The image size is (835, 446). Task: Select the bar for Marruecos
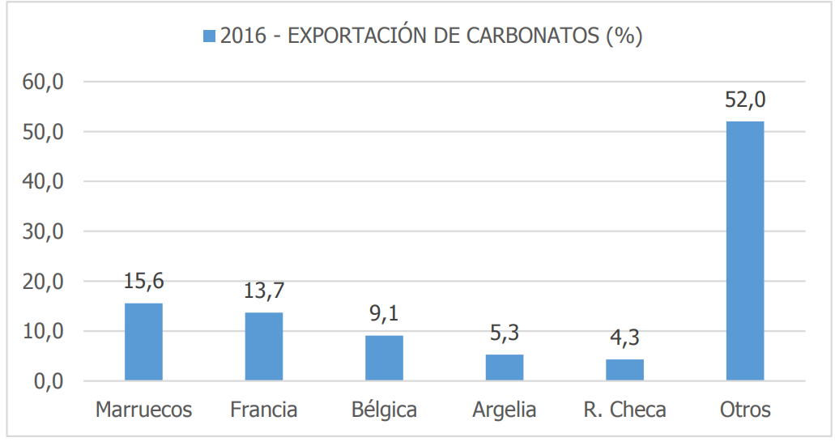pos(144,342)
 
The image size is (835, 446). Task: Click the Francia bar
pos(263,346)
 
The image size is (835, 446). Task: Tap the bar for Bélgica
pos(384,359)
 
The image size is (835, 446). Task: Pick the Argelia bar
pos(505,367)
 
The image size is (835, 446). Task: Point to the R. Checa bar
pos(624,370)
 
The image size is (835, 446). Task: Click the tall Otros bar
pos(745,251)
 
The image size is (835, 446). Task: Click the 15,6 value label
pos(144,282)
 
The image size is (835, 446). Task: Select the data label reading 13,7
pos(264,291)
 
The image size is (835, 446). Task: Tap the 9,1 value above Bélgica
pos(384,314)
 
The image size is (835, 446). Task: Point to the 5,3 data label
pos(505,333)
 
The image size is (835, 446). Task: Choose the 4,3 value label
pos(624,338)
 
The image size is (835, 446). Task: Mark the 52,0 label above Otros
pos(745,100)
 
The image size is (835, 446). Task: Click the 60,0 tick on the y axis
pos(43,83)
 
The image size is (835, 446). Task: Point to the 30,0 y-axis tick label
pos(43,232)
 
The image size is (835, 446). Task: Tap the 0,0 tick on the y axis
pos(49,381)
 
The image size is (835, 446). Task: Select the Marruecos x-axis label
pos(144,410)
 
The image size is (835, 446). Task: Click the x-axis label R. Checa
pos(624,410)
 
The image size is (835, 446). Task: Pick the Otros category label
pos(745,410)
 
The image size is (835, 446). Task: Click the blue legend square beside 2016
pos(209,36)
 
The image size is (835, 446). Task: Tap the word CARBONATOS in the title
pos(533,36)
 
